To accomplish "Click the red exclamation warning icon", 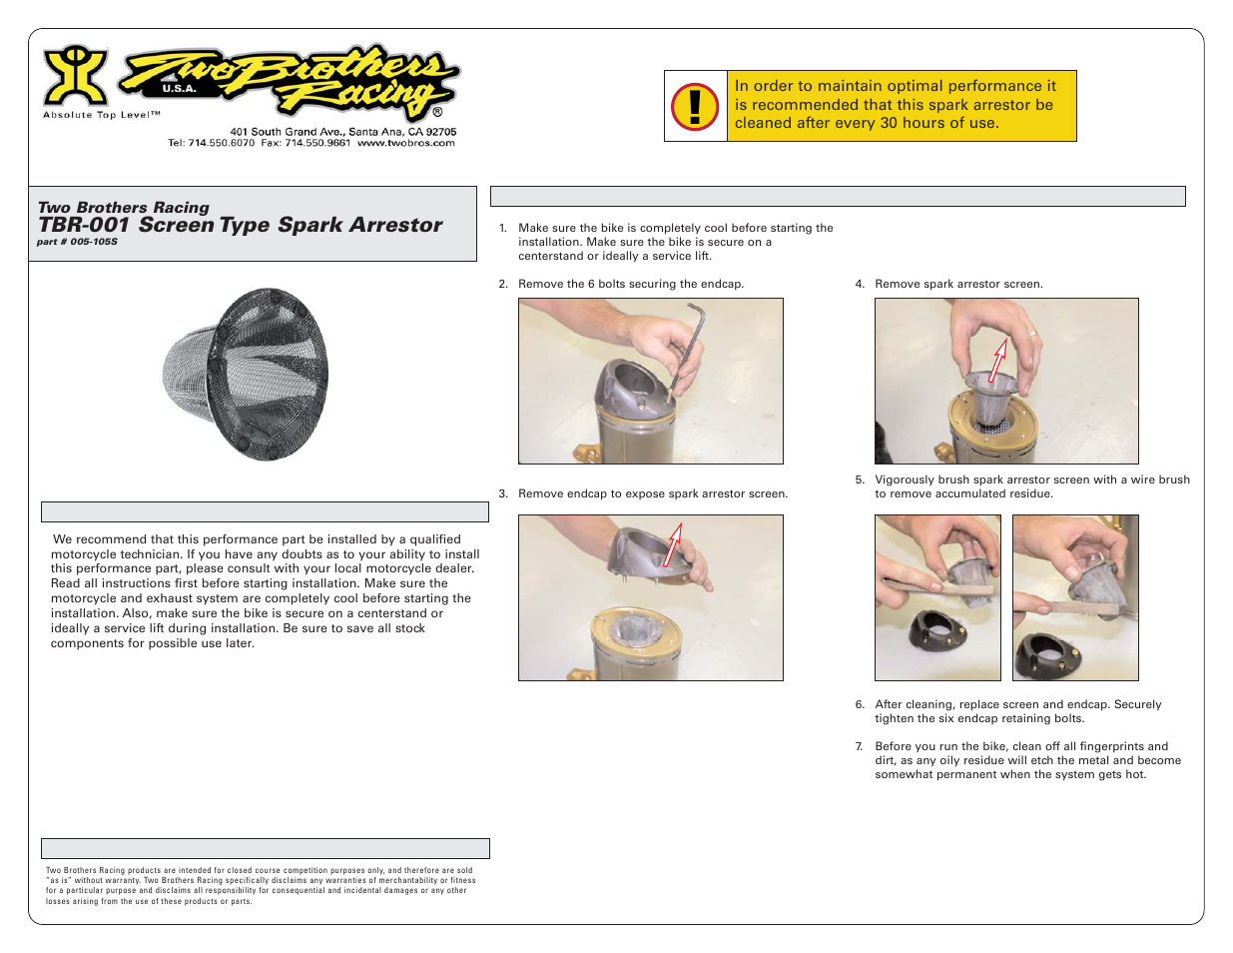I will click(695, 106).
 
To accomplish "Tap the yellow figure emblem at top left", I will click(75, 75).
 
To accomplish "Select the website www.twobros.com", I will click(406, 143).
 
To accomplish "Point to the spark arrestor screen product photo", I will click(246, 375).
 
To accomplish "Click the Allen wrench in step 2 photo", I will click(689, 350).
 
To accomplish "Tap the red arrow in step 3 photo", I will click(674, 544).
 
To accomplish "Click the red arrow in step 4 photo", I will click(997, 361).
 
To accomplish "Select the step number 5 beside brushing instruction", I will click(860, 479).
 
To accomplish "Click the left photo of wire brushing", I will click(937, 597).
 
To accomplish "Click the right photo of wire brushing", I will click(1075, 597).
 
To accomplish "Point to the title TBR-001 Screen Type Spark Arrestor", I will click(240, 225).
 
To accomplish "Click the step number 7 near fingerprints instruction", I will click(859, 746).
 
